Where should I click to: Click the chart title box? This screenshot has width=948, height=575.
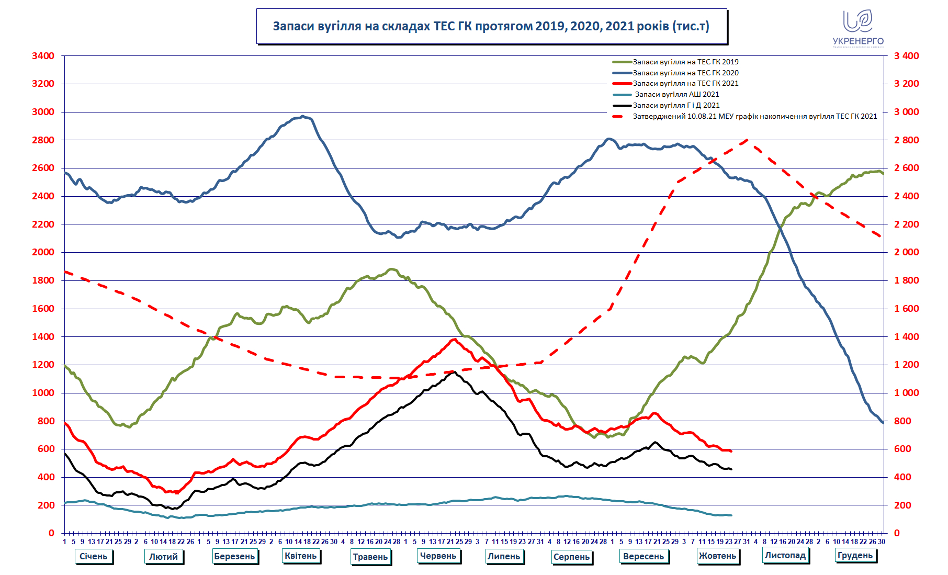[x=491, y=26]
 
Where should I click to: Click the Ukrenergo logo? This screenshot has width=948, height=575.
[x=858, y=28]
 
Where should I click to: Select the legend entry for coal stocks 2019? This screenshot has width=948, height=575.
[x=685, y=62]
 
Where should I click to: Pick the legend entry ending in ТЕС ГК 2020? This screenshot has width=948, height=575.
[x=685, y=73]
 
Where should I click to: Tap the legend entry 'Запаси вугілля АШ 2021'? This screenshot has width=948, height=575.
[x=676, y=94]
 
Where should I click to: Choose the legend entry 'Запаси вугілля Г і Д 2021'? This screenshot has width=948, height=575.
[x=676, y=105]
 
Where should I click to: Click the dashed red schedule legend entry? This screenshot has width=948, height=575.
[x=754, y=116]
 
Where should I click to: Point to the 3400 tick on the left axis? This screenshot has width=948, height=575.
[x=43, y=56]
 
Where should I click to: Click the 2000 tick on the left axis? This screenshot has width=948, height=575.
[x=43, y=252]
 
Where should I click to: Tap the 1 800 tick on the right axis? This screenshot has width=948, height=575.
[x=906, y=280]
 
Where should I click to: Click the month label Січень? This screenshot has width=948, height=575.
[x=93, y=556]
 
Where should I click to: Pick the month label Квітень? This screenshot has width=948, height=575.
[x=301, y=556]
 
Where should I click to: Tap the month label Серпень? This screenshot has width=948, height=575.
[x=571, y=557]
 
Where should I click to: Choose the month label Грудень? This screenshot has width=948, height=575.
[x=855, y=555]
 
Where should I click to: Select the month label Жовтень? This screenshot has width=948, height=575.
[x=717, y=556]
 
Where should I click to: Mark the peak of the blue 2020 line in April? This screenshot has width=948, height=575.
[x=303, y=116]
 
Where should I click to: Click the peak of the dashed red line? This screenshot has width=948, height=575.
[x=747, y=140]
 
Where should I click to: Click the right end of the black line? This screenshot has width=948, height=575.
[x=731, y=469]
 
